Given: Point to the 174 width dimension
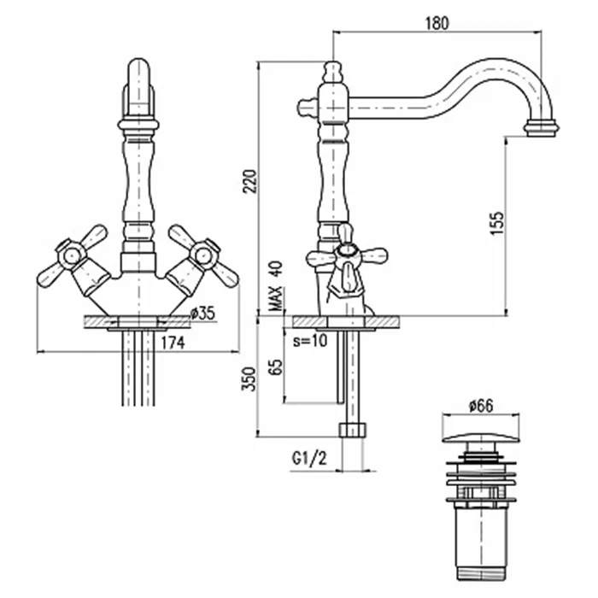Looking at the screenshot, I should tap(173, 343).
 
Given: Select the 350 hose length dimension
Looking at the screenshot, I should tap(249, 378).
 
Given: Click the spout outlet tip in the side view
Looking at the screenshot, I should tap(541, 128).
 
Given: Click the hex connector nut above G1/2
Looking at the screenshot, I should tap(351, 429).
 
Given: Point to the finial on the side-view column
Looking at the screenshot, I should tap(331, 70).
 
